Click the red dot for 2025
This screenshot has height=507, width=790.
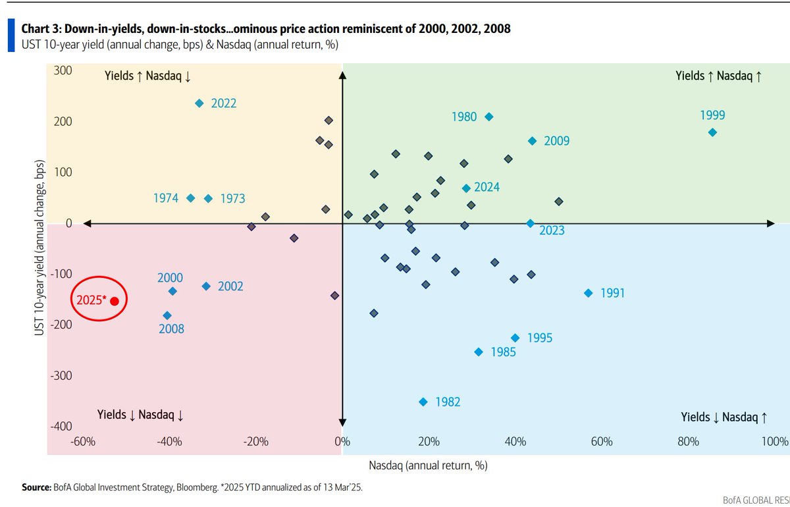click(x=115, y=301)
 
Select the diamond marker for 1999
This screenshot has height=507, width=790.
click(x=712, y=132)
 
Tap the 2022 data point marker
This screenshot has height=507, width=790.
click(x=199, y=103)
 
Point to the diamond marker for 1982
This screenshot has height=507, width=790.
click(x=423, y=402)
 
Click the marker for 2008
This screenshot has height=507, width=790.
click(x=167, y=315)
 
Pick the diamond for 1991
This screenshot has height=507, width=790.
click(x=589, y=293)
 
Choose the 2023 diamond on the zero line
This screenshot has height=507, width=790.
click(x=531, y=223)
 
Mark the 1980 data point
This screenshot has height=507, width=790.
click(x=488, y=117)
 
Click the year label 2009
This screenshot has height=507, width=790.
click(x=556, y=141)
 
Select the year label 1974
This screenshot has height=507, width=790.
click(x=166, y=198)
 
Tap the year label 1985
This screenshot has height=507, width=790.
click(x=503, y=352)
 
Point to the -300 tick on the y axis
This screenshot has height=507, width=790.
click(x=61, y=375)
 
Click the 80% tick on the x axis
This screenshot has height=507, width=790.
click(x=688, y=441)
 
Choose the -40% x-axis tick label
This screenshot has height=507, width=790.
click(x=169, y=441)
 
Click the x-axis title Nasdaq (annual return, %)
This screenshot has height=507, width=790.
click(x=428, y=466)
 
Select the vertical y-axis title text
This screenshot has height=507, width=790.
click(x=39, y=248)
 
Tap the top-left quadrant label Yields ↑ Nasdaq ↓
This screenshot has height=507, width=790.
click(x=147, y=76)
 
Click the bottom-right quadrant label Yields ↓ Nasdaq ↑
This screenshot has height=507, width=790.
click(x=724, y=417)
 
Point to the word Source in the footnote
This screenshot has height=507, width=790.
click(x=37, y=487)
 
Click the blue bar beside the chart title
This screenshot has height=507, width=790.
click(x=11, y=36)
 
